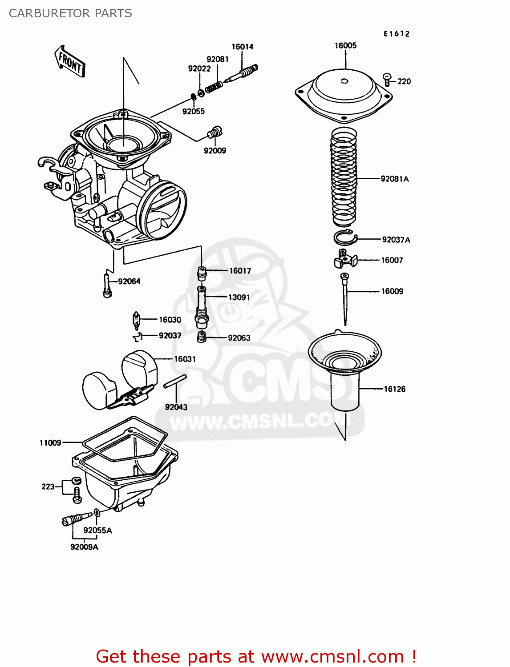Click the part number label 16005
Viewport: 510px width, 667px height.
(345, 45)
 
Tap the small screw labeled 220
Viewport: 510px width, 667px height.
(387, 79)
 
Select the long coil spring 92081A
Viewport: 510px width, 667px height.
(344, 177)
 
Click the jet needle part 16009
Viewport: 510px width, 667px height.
(344, 298)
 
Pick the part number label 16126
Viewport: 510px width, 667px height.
(395, 389)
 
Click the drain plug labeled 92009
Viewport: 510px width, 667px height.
(215, 132)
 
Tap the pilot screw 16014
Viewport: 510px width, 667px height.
(243, 73)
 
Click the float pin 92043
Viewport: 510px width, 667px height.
(175, 382)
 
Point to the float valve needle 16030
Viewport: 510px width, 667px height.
(137, 320)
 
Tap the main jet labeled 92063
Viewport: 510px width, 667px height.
(202, 337)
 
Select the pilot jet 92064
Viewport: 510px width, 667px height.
(107, 285)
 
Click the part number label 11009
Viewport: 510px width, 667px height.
(50, 443)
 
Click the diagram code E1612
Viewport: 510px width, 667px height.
(397, 34)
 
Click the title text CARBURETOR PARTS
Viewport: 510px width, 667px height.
(70, 13)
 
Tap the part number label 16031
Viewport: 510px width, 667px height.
(185, 359)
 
